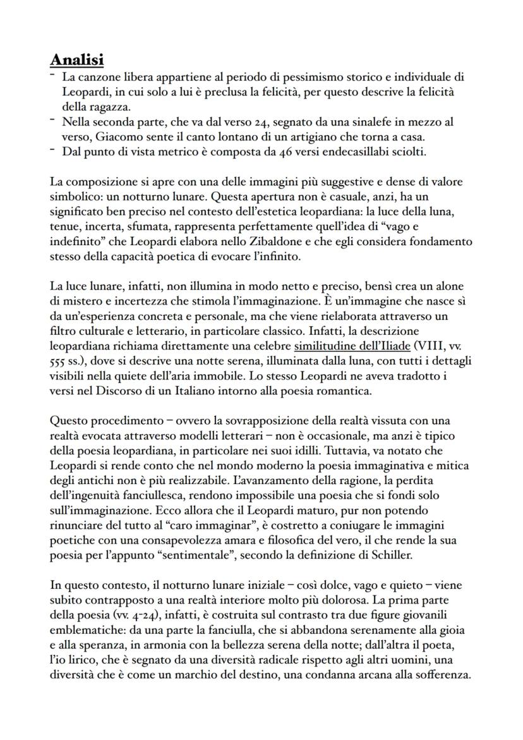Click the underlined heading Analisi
pyautogui.click(x=77, y=60)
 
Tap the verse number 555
pyautogui.click(x=59, y=361)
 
